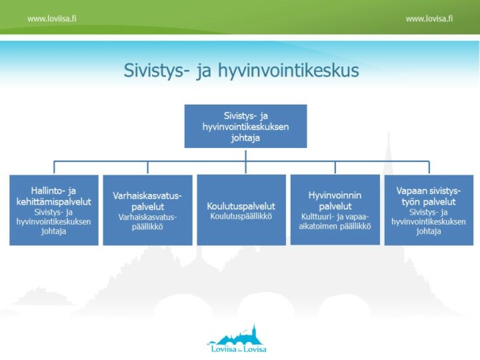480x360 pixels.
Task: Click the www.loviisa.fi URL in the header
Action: coord(51,19)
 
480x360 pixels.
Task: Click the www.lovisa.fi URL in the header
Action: coord(429,19)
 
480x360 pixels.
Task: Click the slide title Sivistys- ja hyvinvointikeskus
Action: coord(241,71)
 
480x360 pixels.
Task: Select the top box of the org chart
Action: coord(245,125)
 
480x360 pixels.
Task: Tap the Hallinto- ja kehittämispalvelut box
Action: coord(54,210)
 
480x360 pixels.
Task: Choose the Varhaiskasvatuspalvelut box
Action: coord(147,210)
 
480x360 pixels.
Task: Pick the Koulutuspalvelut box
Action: coord(241,210)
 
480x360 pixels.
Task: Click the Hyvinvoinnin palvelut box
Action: coord(335,210)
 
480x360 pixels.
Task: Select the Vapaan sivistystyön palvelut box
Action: coord(429,210)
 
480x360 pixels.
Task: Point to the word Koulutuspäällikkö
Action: coord(241,216)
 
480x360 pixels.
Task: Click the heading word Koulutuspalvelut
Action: coord(241,206)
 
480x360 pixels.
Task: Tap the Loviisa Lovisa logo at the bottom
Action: coord(237,339)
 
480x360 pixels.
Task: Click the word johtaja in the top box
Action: coord(245,139)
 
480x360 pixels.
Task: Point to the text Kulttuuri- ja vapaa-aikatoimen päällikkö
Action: coord(335,221)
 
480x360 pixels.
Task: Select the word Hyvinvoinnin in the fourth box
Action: coord(335,195)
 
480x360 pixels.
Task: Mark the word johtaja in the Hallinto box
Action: coord(54,231)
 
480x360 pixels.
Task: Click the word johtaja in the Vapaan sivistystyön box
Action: coord(429,231)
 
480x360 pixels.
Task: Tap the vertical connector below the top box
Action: coord(245,154)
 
